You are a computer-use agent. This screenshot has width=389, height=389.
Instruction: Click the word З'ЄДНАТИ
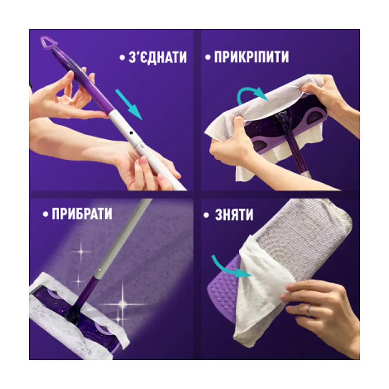click(158, 57)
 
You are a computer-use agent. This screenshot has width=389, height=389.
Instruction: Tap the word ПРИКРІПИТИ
click(251, 57)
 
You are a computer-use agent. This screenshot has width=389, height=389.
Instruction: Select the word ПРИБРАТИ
click(82, 214)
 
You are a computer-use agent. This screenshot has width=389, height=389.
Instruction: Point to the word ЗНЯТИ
click(234, 215)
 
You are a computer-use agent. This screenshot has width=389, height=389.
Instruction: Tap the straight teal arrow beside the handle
click(129, 105)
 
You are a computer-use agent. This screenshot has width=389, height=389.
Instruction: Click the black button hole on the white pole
click(131, 133)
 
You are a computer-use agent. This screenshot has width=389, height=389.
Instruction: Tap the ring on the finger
click(308, 311)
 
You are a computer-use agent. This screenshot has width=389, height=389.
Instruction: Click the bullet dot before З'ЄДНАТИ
click(122, 58)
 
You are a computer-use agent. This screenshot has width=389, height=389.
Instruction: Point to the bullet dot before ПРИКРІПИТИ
click(208, 58)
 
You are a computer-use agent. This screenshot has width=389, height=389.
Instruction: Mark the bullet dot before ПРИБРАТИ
click(45, 214)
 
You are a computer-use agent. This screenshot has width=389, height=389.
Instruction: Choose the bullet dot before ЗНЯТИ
click(206, 215)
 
